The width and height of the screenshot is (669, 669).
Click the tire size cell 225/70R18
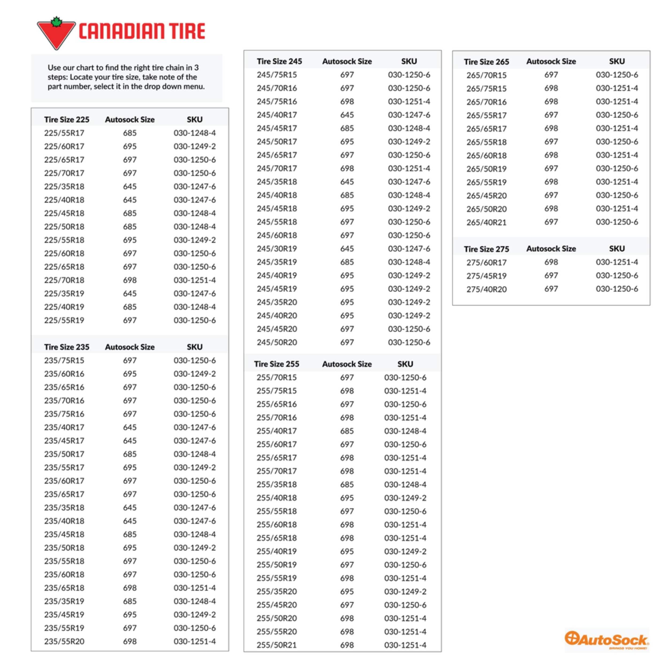64,280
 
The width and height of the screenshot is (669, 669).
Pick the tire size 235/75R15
64,360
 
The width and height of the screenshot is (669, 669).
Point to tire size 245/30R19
277,249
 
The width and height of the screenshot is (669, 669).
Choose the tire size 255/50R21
277,645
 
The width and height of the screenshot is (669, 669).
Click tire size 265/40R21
486,222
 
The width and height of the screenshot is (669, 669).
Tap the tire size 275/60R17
486,263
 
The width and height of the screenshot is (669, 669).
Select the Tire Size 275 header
486,249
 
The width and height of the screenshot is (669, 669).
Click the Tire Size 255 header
276,364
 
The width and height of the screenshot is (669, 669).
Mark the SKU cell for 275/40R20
617,289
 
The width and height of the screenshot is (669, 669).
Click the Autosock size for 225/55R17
130,133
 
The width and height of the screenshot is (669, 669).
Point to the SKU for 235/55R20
195,641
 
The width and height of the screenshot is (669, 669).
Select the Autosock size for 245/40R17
347,115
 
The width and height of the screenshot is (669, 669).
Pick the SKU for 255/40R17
405,431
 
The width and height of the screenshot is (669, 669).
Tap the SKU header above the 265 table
617,61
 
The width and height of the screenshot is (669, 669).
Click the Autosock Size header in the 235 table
130,347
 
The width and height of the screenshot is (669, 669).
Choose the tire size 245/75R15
277,75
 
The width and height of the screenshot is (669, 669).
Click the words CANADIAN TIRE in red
142,31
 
